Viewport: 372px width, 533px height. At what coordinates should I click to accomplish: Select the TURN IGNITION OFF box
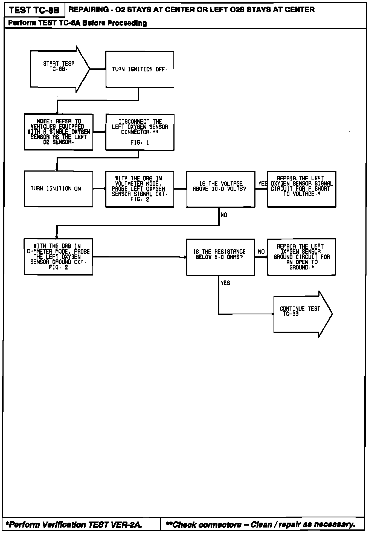point(140,69)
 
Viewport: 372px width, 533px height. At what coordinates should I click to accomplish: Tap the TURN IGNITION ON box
point(59,189)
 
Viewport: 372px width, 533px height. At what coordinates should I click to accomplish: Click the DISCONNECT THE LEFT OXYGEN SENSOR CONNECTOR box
point(140,132)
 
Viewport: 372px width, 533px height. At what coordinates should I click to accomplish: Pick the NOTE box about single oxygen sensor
point(59,132)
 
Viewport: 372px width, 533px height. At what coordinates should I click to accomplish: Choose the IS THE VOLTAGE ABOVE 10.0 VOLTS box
point(221,189)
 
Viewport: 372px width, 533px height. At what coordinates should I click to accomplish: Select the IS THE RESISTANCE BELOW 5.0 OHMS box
point(221,257)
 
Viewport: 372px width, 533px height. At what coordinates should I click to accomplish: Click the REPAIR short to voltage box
point(302,189)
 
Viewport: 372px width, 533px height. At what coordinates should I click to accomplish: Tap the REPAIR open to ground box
point(302,257)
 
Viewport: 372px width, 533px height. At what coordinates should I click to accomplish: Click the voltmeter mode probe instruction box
point(140,189)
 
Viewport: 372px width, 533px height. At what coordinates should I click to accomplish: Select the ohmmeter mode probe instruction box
point(59,257)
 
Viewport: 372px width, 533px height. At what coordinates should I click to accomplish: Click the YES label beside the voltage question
point(263,184)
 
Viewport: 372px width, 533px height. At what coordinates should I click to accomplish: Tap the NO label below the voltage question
point(224,215)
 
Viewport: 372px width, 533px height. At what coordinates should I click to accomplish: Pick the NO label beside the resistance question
point(261,252)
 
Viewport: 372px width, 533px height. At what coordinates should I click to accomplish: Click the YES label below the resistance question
point(225,283)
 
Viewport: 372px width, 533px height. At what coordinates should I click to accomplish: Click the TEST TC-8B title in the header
point(34,10)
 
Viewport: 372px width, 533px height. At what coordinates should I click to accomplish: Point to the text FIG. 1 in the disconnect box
point(139,143)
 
